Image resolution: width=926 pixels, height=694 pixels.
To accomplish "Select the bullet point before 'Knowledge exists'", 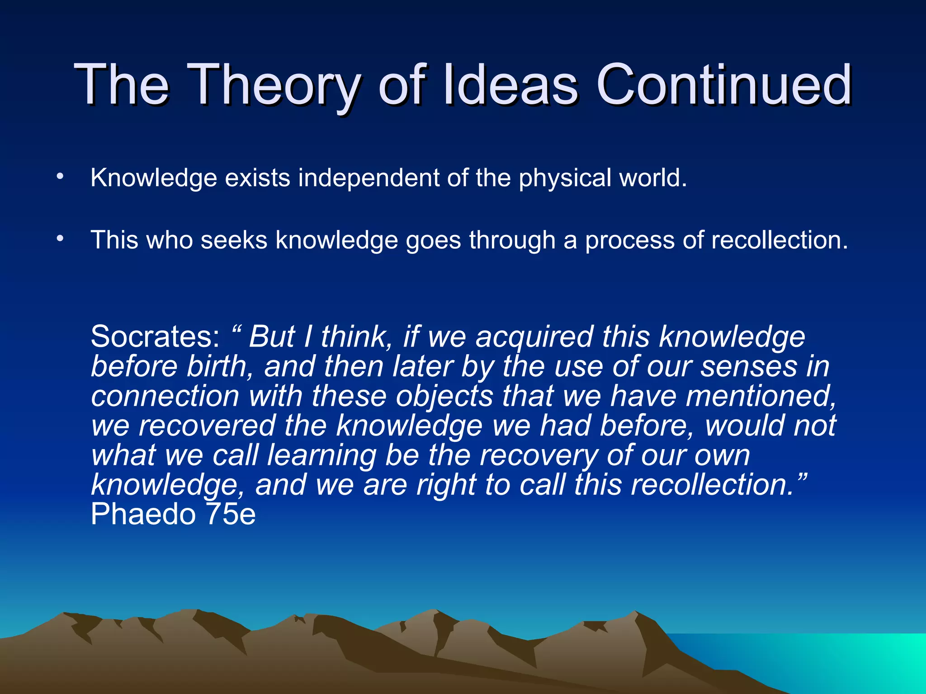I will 60,177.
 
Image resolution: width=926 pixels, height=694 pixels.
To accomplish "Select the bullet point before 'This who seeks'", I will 60,239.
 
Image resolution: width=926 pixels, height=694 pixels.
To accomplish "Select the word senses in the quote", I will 749,366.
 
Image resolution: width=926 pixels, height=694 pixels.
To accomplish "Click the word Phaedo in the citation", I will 143,515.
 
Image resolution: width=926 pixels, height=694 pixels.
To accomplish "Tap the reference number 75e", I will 231,515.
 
